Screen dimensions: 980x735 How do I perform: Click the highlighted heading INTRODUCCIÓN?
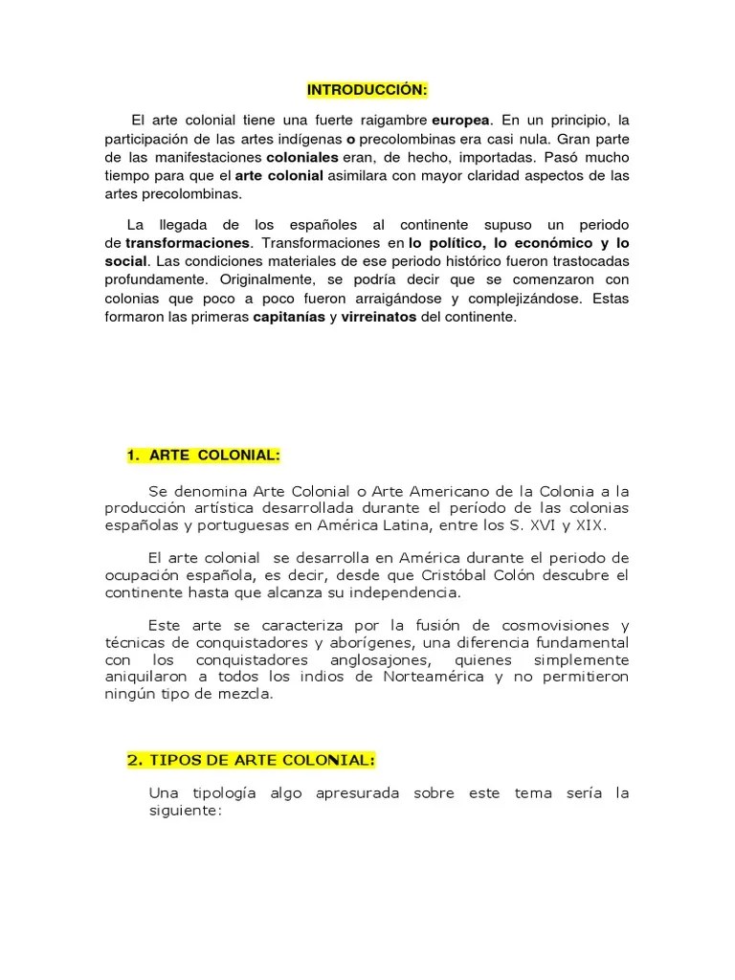(x=367, y=90)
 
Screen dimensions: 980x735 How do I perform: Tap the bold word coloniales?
(x=302, y=157)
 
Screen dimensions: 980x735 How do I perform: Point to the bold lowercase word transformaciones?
(x=189, y=243)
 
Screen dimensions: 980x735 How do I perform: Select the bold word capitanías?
(x=288, y=317)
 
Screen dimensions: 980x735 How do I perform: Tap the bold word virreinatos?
(x=378, y=317)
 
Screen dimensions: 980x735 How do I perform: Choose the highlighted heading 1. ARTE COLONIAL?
(x=204, y=456)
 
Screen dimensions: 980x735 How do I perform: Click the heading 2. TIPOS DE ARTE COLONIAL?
(x=251, y=760)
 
